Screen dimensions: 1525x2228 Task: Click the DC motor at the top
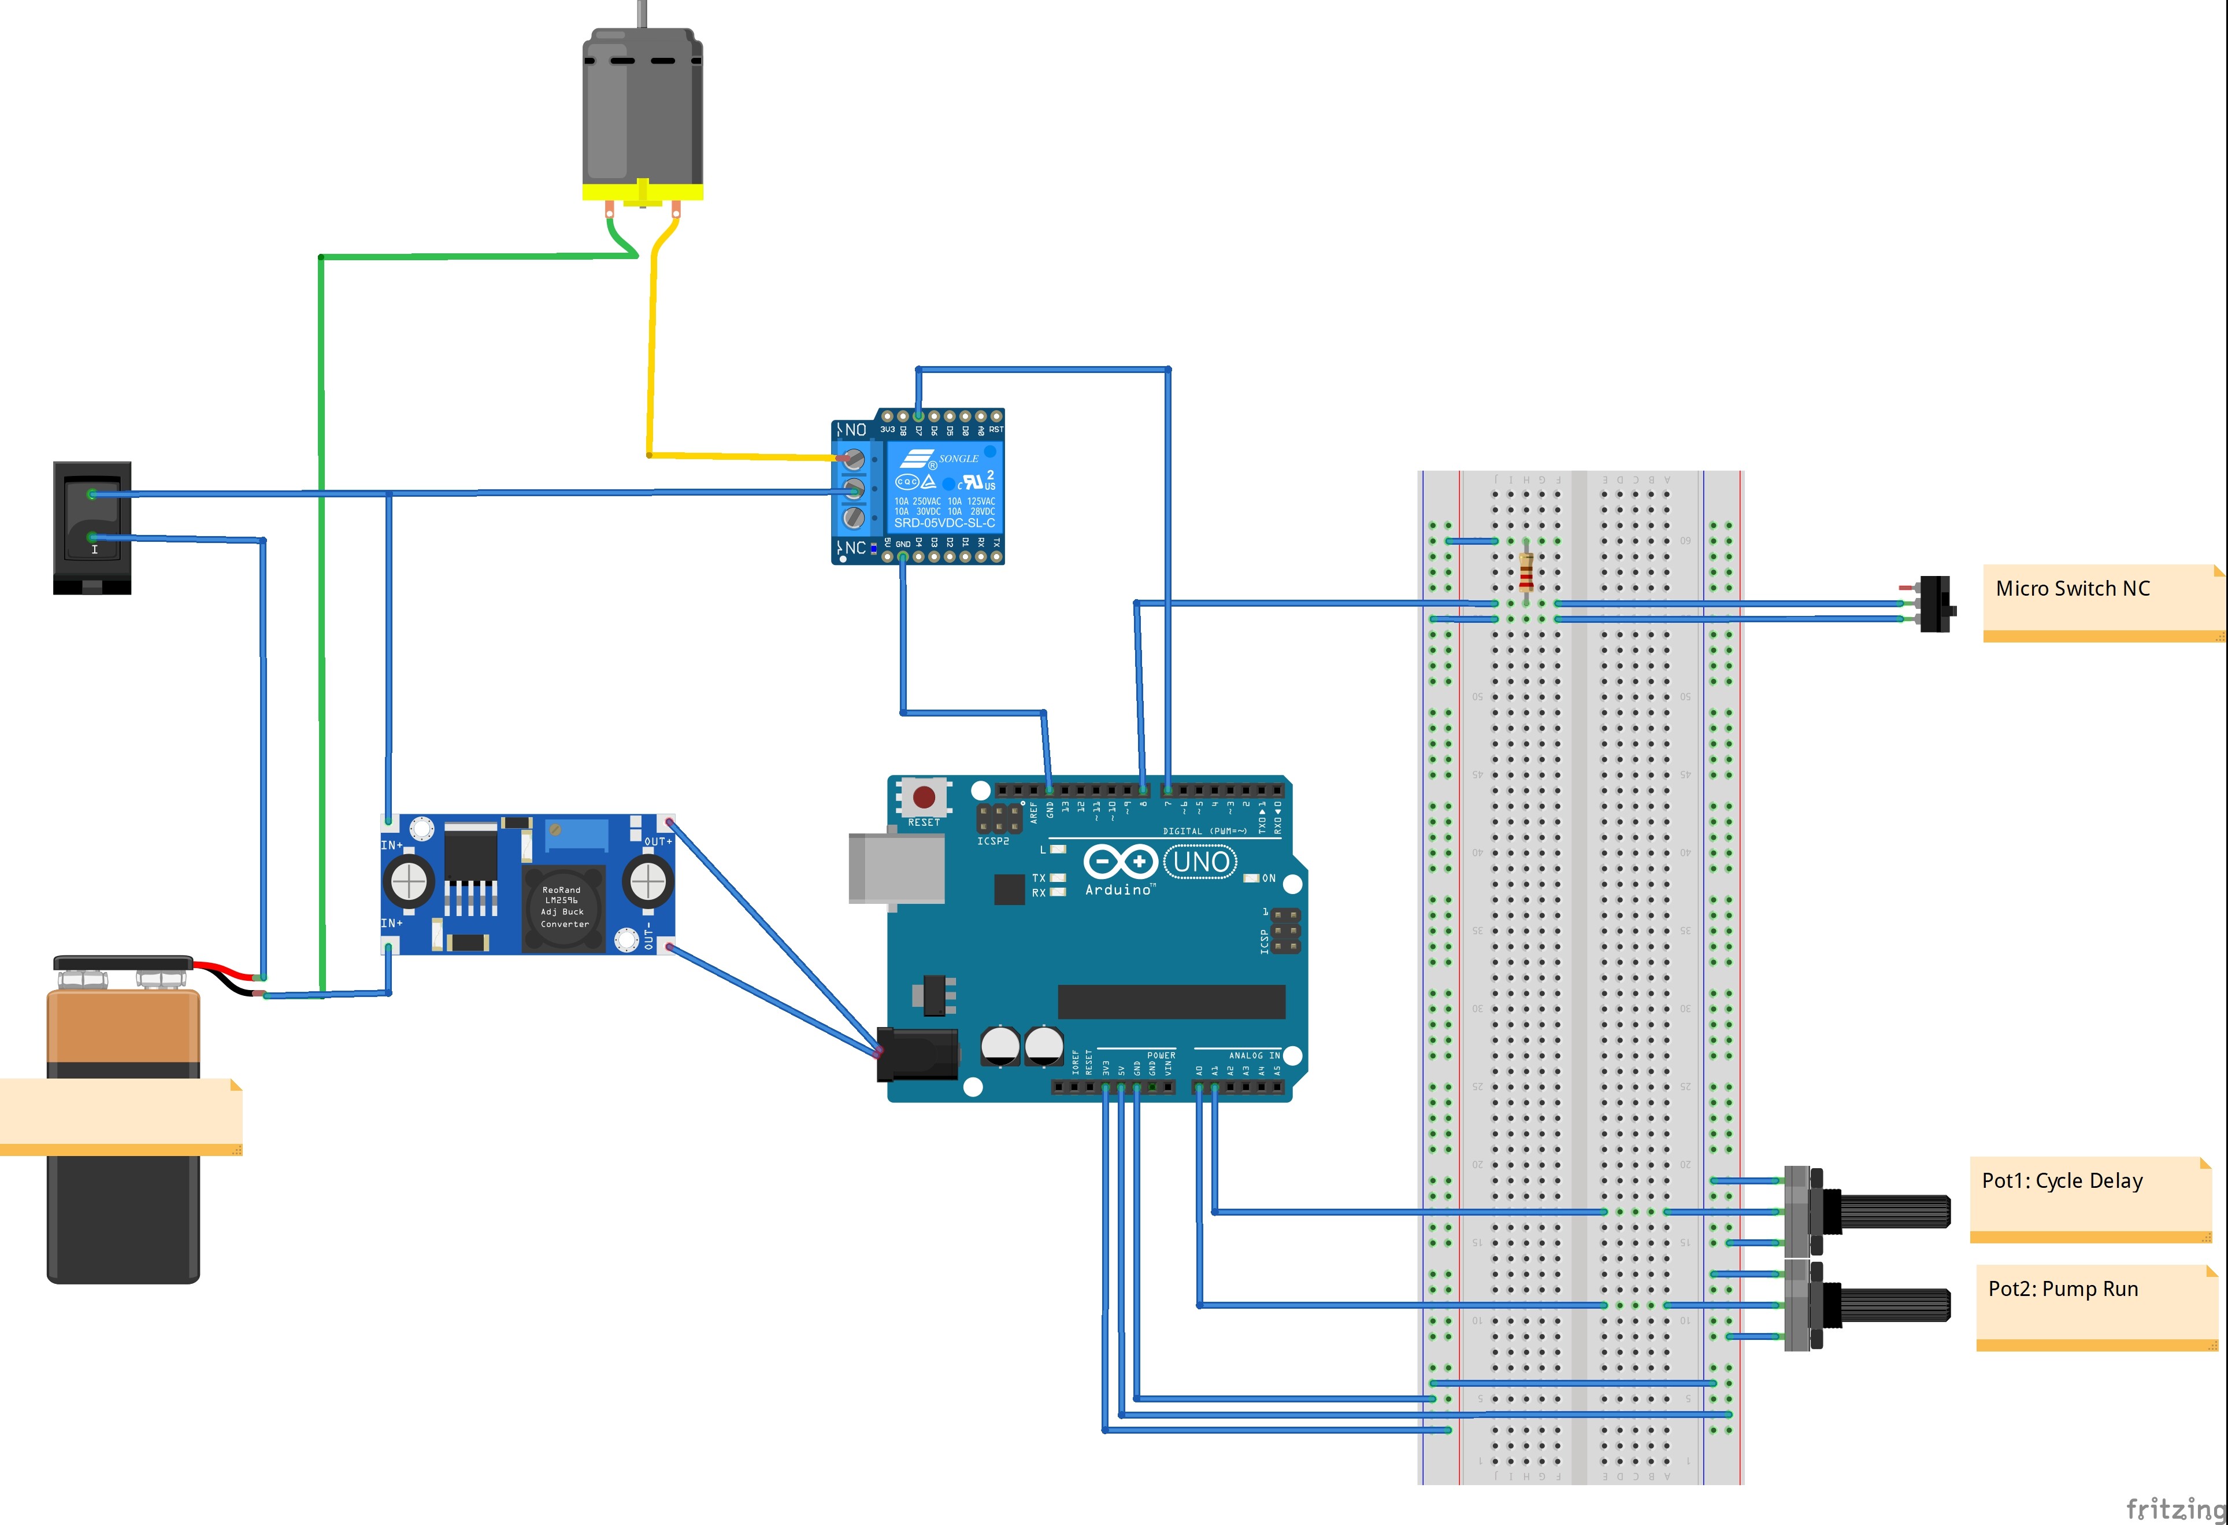tap(642, 110)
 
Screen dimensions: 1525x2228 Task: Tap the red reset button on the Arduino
tap(923, 797)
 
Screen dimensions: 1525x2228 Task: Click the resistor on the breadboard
tap(1526, 574)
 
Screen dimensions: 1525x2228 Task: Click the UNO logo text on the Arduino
tap(1200, 861)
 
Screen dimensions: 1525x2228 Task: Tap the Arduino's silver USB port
tap(895, 868)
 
